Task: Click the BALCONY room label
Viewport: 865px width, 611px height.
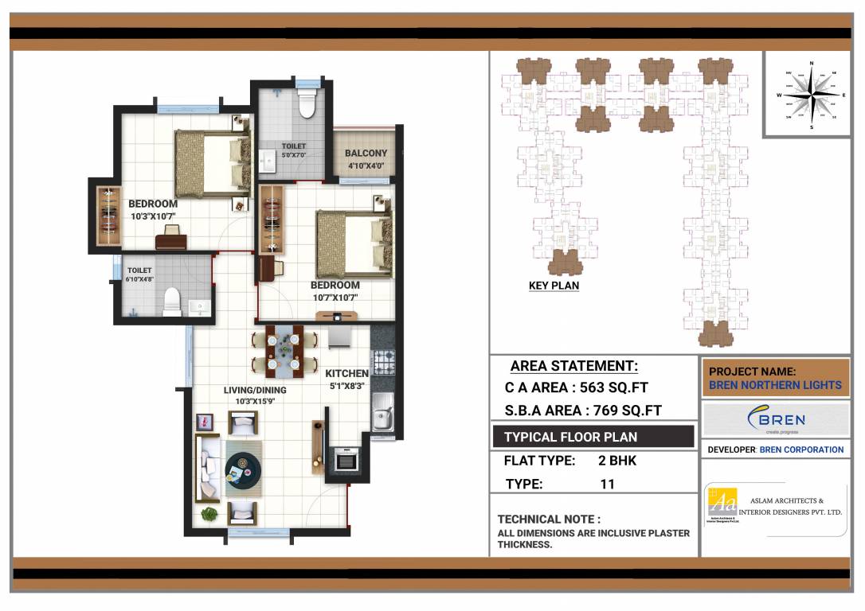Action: [x=366, y=154]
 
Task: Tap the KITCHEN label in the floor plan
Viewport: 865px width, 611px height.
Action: [x=347, y=373]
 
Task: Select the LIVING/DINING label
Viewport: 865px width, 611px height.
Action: [x=255, y=391]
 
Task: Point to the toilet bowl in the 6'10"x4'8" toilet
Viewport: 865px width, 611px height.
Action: [x=171, y=303]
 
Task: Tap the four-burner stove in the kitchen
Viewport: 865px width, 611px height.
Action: [x=384, y=362]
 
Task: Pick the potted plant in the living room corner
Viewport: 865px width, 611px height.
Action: [x=209, y=513]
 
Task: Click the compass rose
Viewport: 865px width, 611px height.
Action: [x=811, y=94]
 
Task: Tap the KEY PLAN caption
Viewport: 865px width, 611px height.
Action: [x=554, y=286]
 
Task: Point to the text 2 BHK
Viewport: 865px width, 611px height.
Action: [x=617, y=460]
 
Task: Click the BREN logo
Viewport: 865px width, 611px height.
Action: [x=776, y=419]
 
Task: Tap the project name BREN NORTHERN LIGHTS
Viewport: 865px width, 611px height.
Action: [x=775, y=385]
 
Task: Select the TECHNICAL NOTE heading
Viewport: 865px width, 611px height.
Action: [x=549, y=519]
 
